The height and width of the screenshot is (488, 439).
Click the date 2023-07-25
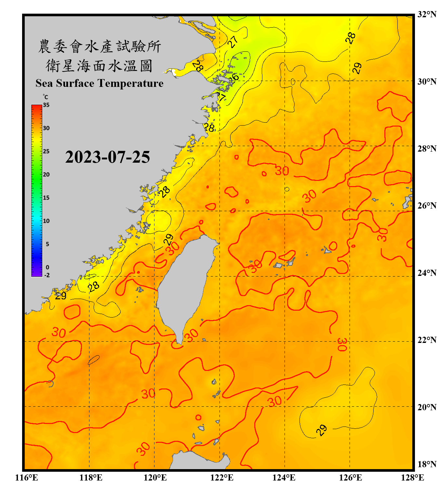tap(107, 157)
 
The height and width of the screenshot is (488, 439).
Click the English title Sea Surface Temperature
tap(100, 83)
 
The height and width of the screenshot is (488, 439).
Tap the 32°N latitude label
tap(427, 14)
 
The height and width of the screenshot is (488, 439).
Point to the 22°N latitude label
tap(427, 340)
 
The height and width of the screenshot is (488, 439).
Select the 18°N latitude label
tap(427, 464)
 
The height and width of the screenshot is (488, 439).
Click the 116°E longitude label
tap(27, 478)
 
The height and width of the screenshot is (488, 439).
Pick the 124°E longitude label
tap(284, 478)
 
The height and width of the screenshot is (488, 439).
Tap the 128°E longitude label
tap(412, 478)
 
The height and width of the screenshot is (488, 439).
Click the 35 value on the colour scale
tap(46, 105)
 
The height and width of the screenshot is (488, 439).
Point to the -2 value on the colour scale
tap(47, 275)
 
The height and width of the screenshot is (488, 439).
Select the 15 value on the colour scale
tap(46, 198)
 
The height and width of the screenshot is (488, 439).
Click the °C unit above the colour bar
tap(46, 97)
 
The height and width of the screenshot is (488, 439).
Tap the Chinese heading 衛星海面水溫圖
tap(99, 66)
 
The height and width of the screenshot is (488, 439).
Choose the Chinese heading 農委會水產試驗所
tap(99, 47)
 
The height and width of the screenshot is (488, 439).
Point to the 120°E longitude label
tap(155, 478)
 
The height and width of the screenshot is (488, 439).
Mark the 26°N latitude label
tap(427, 206)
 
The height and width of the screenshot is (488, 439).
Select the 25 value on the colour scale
tap(46, 151)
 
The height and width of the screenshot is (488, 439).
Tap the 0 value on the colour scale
tap(47, 267)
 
